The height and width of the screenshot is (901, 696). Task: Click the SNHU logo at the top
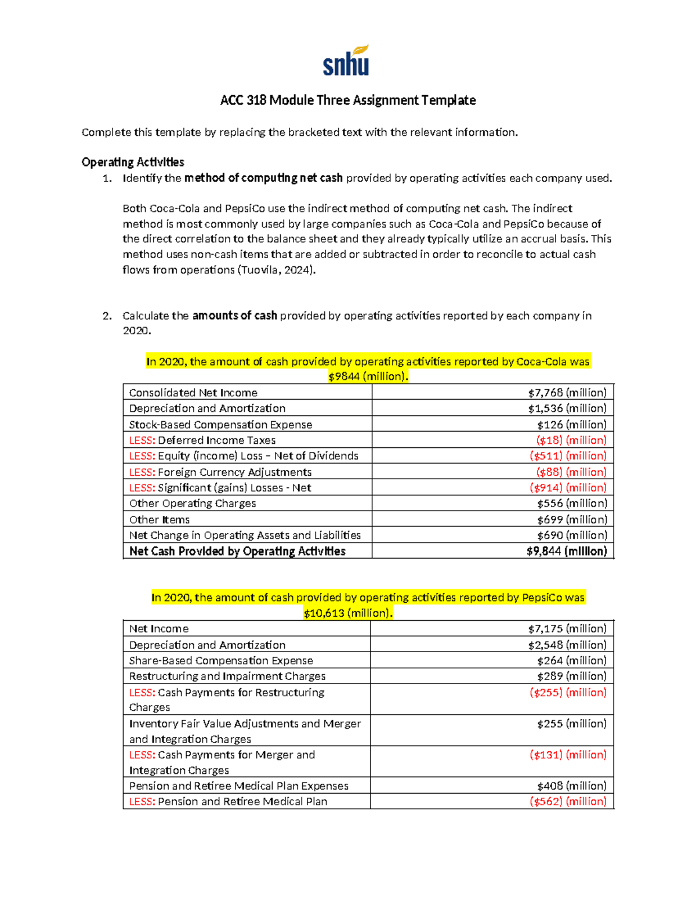pyautogui.click(x=346, y=61)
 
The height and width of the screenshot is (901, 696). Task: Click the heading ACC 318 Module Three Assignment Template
pyautogui.click(x=347, y=100)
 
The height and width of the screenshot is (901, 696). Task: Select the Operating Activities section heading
pyautogui.click(x=133, y=162)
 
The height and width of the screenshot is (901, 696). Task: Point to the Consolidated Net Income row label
pyautogui.click(x=193, y=393)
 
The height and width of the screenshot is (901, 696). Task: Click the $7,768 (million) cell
pyautogui.click(x=567, y=393)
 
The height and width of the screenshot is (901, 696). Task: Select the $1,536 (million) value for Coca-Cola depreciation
pyautogui.click(x=567, y=408)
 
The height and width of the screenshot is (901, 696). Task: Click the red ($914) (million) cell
pyautogui.click(x=568, y=488)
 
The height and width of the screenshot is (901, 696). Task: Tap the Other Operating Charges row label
pyautogui.click(x=193, y=504)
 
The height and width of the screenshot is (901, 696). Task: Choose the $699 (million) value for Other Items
pyautogui.click(x=571, y=520)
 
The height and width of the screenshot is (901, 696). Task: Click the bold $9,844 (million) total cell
pyautogui.click(x=566, y=551)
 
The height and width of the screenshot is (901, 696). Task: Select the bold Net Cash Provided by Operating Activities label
pyautogui.click(x=237, y=551)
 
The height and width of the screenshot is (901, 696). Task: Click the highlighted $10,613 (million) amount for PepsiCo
pyautogui.click(x=348, y=613)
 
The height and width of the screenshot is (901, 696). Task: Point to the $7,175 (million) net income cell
pyautogui.click(x=567, y=629)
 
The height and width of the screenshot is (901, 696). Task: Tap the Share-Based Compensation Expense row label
pyautogui.click(x=221, y=661)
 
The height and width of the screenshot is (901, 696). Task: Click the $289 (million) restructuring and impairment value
pyautogui.click(x=571, y=676)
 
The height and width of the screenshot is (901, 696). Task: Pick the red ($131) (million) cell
pyautogui.click(x=568, y=755)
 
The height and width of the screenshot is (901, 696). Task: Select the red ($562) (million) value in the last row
pyautogui.click(x=568, y=802)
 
